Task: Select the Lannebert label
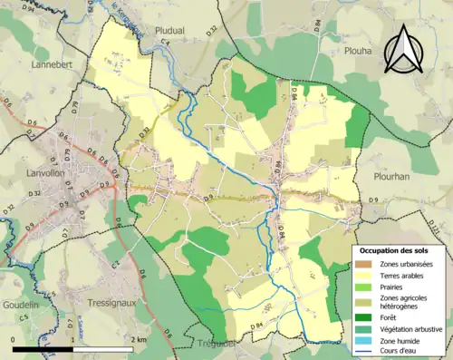[x=51, y=64]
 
